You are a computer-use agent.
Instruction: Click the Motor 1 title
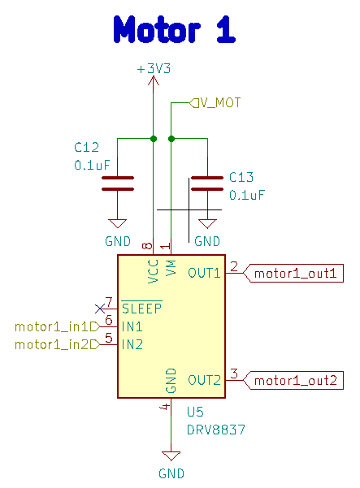point(175,29)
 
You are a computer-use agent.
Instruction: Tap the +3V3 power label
point(154,68)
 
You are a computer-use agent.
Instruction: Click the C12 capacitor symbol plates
point(118,184)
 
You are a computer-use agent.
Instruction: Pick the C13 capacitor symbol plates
point(207,184)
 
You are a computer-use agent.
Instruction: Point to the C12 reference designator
point(87,147)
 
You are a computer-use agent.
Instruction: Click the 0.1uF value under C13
point(247,195)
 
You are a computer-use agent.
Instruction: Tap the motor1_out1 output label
point(293,274)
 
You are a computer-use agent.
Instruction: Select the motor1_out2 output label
point(293,380)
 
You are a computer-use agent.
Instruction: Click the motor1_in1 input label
point(58,326)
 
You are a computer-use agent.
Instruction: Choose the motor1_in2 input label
point(58,344)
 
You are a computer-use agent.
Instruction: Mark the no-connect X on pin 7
point(100,309)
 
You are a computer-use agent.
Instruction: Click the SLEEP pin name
point(141,308)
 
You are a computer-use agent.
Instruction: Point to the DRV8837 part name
point(216,430)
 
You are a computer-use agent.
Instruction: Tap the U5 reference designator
point(195,412)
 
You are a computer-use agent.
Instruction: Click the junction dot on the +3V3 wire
point(154,139)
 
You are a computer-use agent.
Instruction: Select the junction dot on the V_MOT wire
point(171,139)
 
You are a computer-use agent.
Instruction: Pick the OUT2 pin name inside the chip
point(204,380)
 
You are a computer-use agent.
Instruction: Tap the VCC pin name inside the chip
point(154,271)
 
